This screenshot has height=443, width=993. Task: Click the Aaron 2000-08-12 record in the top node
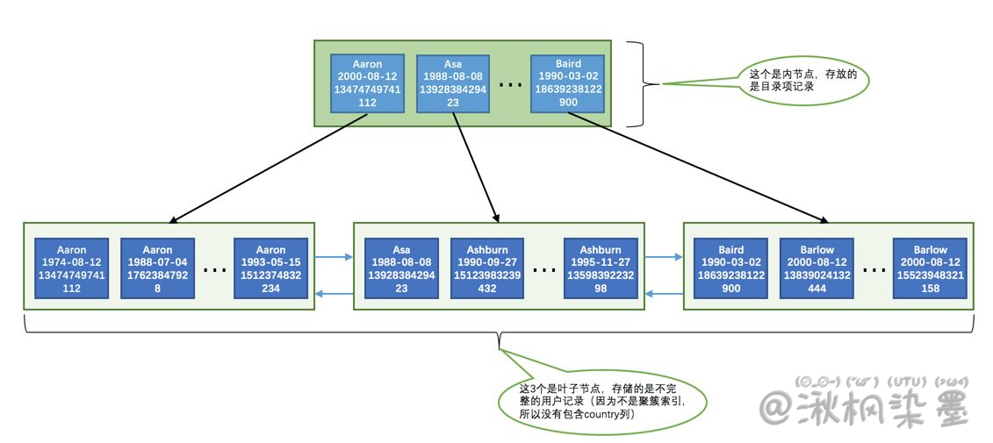pos(367,83)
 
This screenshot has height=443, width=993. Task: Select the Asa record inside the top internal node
pos(452,83)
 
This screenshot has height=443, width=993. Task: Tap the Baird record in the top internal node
pos(568,83)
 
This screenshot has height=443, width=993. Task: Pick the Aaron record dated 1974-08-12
pos(72,268)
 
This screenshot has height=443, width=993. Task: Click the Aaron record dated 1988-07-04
pos(157,268)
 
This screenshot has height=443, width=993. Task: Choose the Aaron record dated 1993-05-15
pos(270,268)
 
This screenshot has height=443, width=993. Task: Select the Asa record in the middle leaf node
pos(401,268)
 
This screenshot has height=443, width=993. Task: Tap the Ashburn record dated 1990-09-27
pos(487,268)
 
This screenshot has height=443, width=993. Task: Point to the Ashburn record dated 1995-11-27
pos(600,268)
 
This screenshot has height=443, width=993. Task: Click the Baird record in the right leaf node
pos(730,268)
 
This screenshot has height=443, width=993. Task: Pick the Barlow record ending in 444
pos(817,268)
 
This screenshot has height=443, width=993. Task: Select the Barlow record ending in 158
pos(930,268)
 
